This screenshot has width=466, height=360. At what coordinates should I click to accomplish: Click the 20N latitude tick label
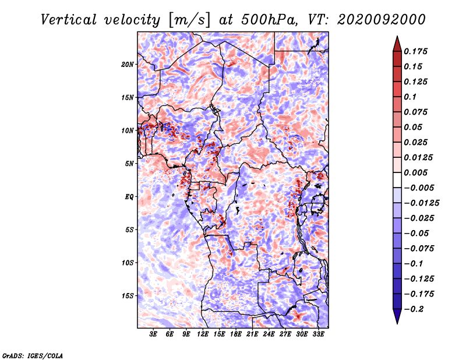tap(128, 65)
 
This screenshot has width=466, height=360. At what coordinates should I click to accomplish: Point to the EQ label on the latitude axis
tap(129, 197)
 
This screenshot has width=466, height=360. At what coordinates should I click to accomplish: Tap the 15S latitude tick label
tap(128, 296)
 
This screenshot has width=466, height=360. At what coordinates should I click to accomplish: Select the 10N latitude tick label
tap(128, 131)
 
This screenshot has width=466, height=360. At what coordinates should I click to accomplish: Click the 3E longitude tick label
tap(153, 334)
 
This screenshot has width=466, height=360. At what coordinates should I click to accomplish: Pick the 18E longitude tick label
tap(236, 334)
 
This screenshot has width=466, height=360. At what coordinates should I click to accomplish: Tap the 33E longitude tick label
tap(318, 334)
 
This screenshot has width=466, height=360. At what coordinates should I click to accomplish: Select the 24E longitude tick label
tap(269, 334)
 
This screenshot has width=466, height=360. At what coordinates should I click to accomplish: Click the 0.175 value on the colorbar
tap(415, 51)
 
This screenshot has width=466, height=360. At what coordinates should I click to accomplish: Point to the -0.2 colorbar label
tap(414, 309)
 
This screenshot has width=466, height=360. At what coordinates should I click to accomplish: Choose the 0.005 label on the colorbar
tap(415, 172)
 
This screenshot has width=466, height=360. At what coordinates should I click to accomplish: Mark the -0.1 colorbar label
tap(414, 264)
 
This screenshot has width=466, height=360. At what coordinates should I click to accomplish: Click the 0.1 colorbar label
tap(410, 97)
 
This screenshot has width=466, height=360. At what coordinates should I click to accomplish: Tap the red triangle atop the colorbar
tap(397, 44)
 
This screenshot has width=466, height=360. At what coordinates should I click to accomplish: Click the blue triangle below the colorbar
tap(397, 316)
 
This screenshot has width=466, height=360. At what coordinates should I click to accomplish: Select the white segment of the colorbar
tap(397, 180)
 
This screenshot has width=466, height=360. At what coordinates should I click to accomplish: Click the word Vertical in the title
tap(69, 20)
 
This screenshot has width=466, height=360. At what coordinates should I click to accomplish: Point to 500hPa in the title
tap(269, 20)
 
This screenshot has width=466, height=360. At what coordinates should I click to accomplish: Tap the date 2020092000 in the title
tap(382, 20)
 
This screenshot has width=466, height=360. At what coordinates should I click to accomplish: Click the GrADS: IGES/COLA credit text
tap(33, 356)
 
